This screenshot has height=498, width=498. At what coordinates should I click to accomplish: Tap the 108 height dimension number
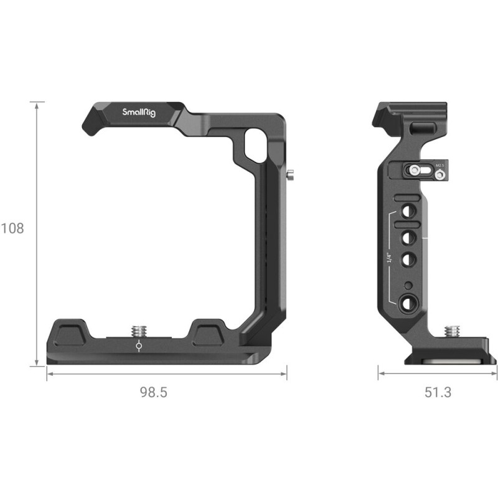click(x=12, y=228)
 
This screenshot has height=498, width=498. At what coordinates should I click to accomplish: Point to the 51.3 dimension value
click(x=437, y=392)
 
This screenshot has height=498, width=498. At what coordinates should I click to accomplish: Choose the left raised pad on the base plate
click(x=73, y=331)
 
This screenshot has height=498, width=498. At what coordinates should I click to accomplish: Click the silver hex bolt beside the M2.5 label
click(x=439, y=176)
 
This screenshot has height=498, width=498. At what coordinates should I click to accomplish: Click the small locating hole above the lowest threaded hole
click(x=408, y=284)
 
